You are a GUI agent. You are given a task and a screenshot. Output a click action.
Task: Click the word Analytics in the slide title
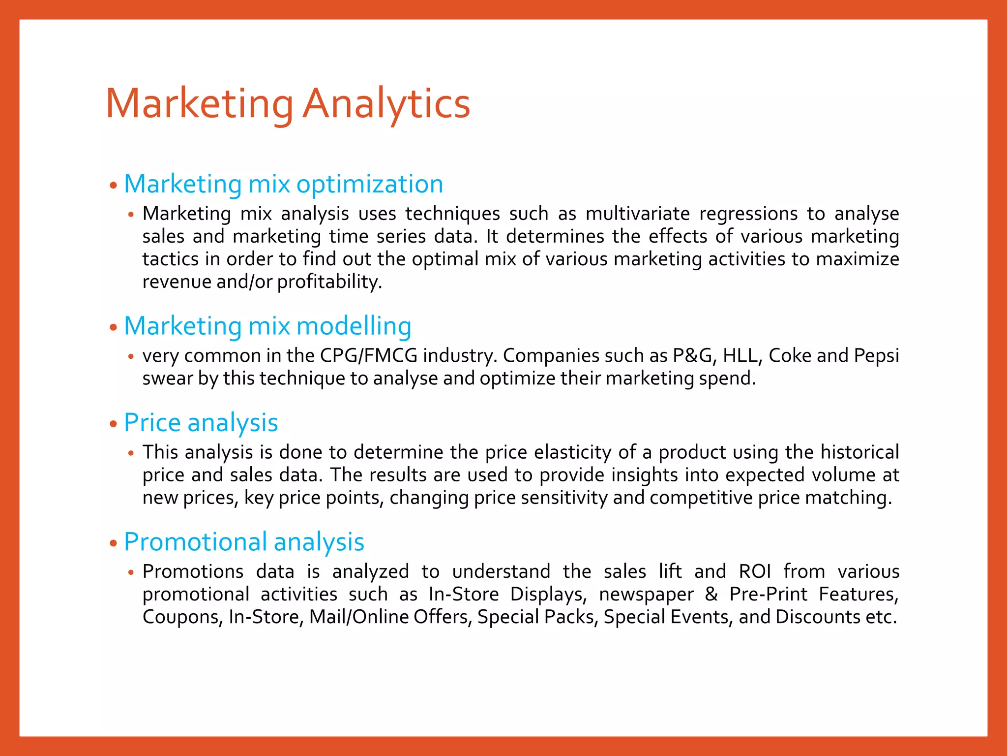tap(386, 103)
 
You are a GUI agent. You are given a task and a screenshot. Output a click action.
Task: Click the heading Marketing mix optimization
tap(283, 184)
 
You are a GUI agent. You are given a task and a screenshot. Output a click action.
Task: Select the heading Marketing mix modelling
tap(267, 326)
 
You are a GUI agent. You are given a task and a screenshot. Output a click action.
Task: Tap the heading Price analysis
tap(201, 423)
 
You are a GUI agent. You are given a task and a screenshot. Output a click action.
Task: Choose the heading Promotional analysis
tap(244, 542)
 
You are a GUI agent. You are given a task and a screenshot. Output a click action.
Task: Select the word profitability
tap(329, 282)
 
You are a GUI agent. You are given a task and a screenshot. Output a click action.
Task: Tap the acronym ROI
tap(755, 571)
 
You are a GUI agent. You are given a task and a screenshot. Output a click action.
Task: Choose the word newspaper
tap(646, 594)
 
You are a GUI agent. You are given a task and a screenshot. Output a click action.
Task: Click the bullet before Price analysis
tap(114, 424)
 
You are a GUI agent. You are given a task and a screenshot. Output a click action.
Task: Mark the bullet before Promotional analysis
tap(114, 543)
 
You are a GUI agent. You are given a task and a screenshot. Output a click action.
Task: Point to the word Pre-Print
tap(768, 594)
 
